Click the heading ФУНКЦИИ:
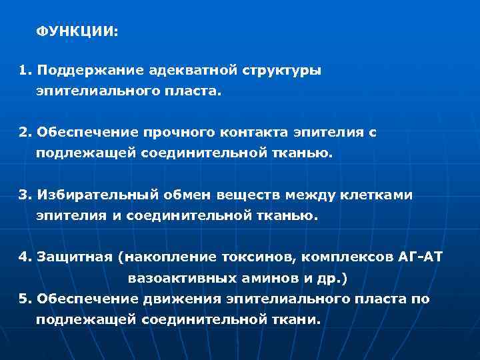tap(76, 31)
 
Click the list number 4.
tap(24, 257)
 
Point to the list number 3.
tap(24, 195)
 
